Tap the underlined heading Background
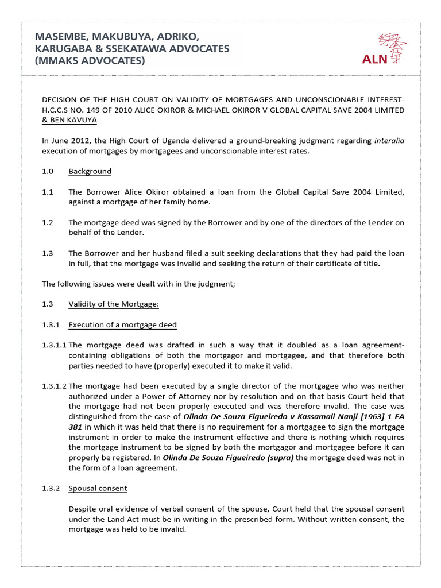coord(90,171)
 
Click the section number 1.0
coord(48,171)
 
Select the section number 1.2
coord(48,223)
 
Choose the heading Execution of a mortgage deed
coord(122,324)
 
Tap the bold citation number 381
coord(76,428)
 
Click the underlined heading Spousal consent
coord(98,488)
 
